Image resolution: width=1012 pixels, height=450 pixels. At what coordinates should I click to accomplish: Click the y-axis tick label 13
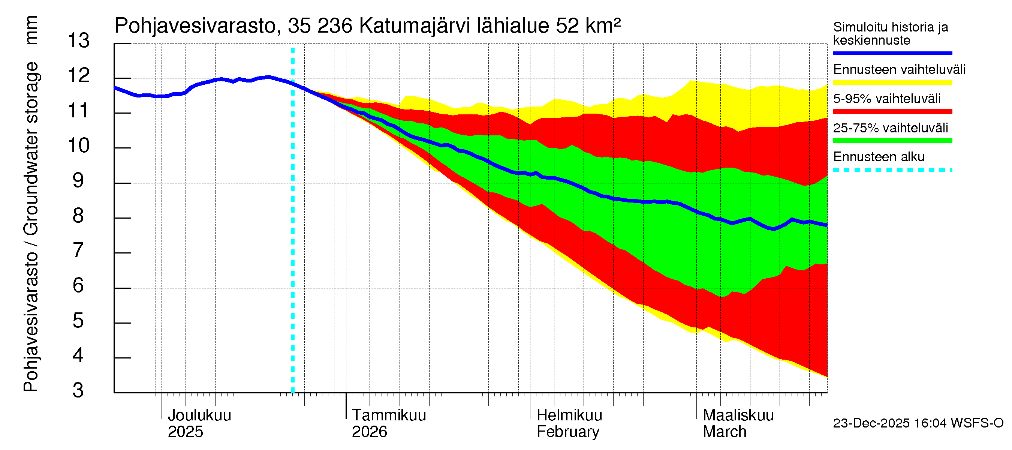click(x=79, y=41)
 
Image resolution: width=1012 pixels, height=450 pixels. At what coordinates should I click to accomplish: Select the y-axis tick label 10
click(x=79, y=146)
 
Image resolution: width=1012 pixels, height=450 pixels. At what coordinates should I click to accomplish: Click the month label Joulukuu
click(x=199, y=415)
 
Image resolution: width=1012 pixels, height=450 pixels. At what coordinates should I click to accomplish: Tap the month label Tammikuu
click(x=389, y=415)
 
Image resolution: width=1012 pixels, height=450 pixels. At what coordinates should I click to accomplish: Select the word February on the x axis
click(x=568, y=432)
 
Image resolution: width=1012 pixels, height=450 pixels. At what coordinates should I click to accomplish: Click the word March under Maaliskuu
click(x=725, y=432)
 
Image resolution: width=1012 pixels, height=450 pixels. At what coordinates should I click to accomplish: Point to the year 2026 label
click(x=369, y=432)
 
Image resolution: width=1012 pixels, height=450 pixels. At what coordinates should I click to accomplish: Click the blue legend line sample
click(x=892, y=53)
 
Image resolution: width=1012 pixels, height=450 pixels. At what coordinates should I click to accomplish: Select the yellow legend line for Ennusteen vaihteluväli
click(x=892, y=82)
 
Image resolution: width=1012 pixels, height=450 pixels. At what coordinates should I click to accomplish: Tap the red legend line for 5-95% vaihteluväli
click(x=892, y=112)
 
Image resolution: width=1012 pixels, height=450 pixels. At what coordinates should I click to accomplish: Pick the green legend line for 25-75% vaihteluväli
click(x=892, y=141)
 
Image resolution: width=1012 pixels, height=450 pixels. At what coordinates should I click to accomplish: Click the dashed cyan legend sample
click(x=892, y=170)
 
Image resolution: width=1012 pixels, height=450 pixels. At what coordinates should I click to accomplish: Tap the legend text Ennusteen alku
click(x=879, y=157)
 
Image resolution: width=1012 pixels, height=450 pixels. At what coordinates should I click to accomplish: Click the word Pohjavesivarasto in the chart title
click(x=195, y=26)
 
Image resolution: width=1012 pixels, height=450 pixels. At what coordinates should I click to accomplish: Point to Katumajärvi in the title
click(x=415, y=26)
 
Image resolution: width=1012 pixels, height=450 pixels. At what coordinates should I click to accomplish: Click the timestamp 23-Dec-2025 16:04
click(x=890, y=423)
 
